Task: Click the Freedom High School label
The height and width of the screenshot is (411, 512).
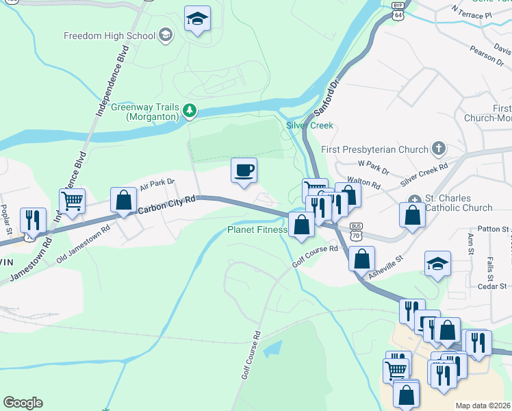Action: click(x=109, y=36)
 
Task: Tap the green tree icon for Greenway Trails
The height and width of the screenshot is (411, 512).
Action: click(x=190, y=110)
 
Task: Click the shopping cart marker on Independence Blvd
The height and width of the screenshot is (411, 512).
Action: click(x=72, y=201)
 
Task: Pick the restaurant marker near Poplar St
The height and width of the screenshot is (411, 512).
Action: click(x=33, y=221)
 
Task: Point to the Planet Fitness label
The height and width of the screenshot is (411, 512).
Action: click(x=257, y=230)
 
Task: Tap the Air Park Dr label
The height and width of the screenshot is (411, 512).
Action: click(x=157, y=185)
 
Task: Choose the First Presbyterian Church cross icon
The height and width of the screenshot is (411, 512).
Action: click(x=438, y=149)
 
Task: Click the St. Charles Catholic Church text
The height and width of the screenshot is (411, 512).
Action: click(x=458, y=203)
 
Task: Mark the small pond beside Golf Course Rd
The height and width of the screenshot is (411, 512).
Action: click(x=271, y=348)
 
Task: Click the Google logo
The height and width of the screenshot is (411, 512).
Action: click(x=23, y=403)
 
